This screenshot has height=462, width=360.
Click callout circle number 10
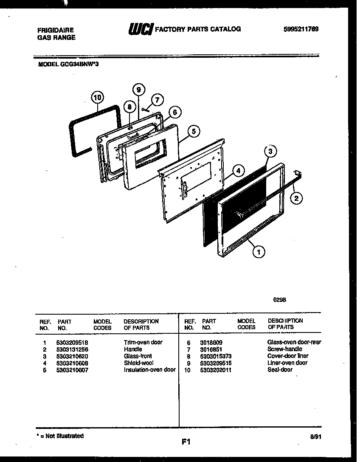click(x=97, y=97)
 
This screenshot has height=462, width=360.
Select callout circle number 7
click(x=157, y=100)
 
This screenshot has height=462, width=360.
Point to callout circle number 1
click(x=259, y=252)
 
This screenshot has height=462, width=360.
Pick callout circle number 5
click(x=193, y=131)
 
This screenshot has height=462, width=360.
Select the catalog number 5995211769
click(x=301, y=29)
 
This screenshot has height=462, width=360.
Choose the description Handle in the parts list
click(x=133, y=349)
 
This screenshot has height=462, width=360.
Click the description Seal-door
click(x=280, y=370)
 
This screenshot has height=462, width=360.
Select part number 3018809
click(x=211, y=342)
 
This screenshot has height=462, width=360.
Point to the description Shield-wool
click(x=138, y=363)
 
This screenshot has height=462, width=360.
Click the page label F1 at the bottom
click(x=186, y=442)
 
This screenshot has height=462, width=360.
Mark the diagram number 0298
click(x=279, y=299)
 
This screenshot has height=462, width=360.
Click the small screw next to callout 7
click(x=146, y=110)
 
